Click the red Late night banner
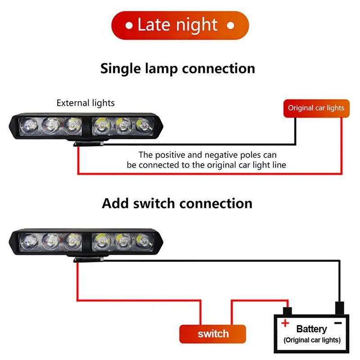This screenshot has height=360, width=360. [180, 25]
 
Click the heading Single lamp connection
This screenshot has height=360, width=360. [178, 68]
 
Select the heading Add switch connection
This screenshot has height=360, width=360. [177, 203]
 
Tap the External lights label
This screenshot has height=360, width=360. [85, 103]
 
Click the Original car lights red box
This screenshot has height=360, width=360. [316, 108]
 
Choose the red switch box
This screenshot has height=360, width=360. [213, 334]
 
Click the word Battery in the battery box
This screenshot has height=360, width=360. [311, 329]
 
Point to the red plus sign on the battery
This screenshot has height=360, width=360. [285, 323]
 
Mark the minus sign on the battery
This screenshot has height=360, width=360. [338, 323]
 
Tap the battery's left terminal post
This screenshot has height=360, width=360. [287, 311]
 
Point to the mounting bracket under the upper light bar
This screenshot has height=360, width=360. [89, 143]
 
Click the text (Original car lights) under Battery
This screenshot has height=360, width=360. [312, 340]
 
